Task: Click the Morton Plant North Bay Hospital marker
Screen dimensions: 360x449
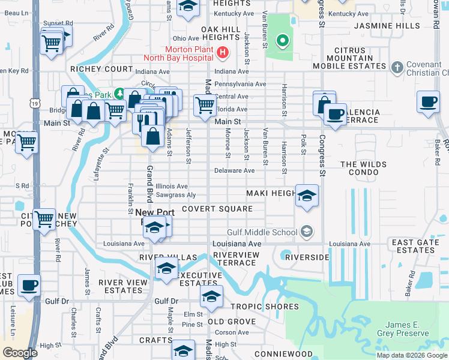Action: pyautogui.click(x=223, y=53)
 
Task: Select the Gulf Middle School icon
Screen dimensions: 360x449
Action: pyautogui.click(x=306, y=232)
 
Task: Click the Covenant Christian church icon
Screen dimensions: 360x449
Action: pyautogui.click(x=396, y=67)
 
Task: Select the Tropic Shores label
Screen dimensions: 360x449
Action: pyautogui.click(x=265, y=307)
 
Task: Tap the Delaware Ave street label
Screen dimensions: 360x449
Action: pyautogui.click(x=235, y=170)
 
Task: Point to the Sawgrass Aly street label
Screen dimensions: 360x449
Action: pyautogui.click(x=175, y=195)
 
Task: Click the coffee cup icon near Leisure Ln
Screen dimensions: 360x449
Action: pyautogui.click(x=29, y=284)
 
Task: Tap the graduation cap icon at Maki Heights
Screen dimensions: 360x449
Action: pyautogui.click(x=307, y=196)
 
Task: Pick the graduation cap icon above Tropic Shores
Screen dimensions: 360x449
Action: pyautogui.click(x=211, y=296)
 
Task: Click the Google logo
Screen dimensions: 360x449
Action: pyautogui.click(x=20, y=353)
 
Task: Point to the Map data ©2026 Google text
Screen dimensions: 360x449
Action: pyautogui.click(x=411, y=355)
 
